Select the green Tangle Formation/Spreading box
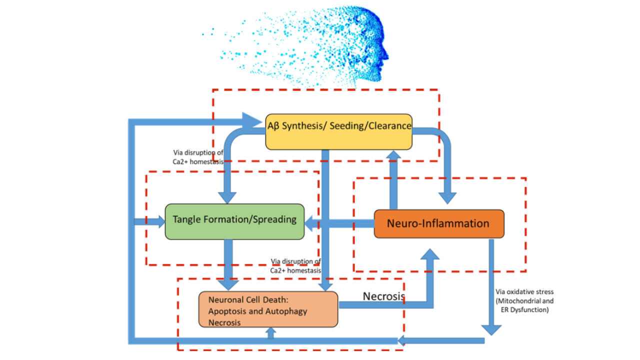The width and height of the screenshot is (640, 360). pyautogui.click(x=234, y=221)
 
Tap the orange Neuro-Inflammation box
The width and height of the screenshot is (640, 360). pyautogui.click(x=438, y=223)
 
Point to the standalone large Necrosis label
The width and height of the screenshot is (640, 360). pyautogui.click(x=383, y=296)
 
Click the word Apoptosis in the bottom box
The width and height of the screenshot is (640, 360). pyautogui.click(x=228, y=311)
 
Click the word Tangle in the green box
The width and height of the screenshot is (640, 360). pyautogui.click(x=186, y=219)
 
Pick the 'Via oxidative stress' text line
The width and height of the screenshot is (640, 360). pyautogui.click(x=524, y=291)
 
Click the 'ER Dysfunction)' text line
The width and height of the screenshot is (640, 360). pyautogui.click(x=524, y=309)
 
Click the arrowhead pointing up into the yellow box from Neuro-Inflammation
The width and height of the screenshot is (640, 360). pyautogui.click(x=394, y=156)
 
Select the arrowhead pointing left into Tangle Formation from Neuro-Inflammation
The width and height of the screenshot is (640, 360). pyautogui.click(x=312, y=223)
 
